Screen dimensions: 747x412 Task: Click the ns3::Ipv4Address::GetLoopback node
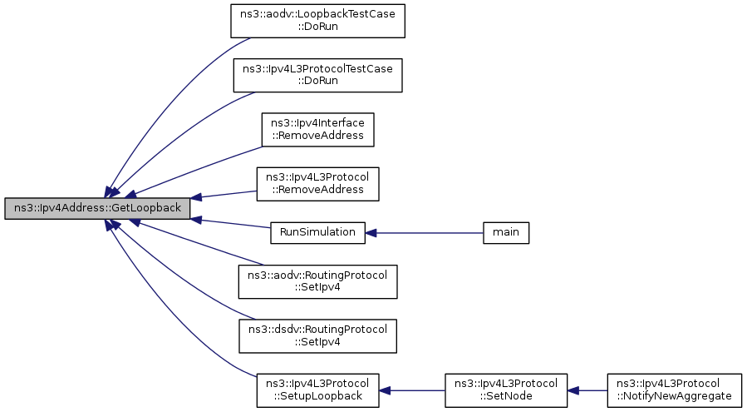(x=97, y=208)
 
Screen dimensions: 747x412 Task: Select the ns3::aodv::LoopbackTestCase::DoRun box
(x=317, y=21)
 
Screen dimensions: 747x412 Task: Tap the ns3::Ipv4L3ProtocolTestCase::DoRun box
(x=317, y=75)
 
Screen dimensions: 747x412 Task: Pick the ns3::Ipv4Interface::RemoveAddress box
(x=317, y=129)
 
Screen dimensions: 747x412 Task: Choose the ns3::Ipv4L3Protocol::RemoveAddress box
(x=317, y=184)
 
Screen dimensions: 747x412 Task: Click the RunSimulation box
(x=317, y=232)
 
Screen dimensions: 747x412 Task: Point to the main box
(x=506, y=232)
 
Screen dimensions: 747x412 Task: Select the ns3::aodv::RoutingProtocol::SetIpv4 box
(x=317, y=281)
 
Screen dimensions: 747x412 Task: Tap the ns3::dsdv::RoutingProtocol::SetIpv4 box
(x=317, y=336)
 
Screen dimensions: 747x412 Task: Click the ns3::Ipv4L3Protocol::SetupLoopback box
(x=317, y=390)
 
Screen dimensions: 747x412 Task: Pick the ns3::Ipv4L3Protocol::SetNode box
(x=506, y=390)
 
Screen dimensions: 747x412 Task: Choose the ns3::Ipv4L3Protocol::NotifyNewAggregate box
(x=674, y=390)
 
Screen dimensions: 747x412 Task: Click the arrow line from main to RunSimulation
(x=424, y=233)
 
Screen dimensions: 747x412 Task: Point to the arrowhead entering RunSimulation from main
(x=371, y=233)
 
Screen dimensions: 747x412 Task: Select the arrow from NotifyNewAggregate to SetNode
(x=587, y=390)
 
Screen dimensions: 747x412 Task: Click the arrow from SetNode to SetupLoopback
(x=412, y=390)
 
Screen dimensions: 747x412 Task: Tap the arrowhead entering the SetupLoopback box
(x=385, y=390)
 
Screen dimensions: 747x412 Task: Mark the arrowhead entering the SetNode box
(x=573, y=390)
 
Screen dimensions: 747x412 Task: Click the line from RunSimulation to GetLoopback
(x=230, y=223)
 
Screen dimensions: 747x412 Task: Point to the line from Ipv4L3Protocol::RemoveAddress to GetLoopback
(x=224, y=194)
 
